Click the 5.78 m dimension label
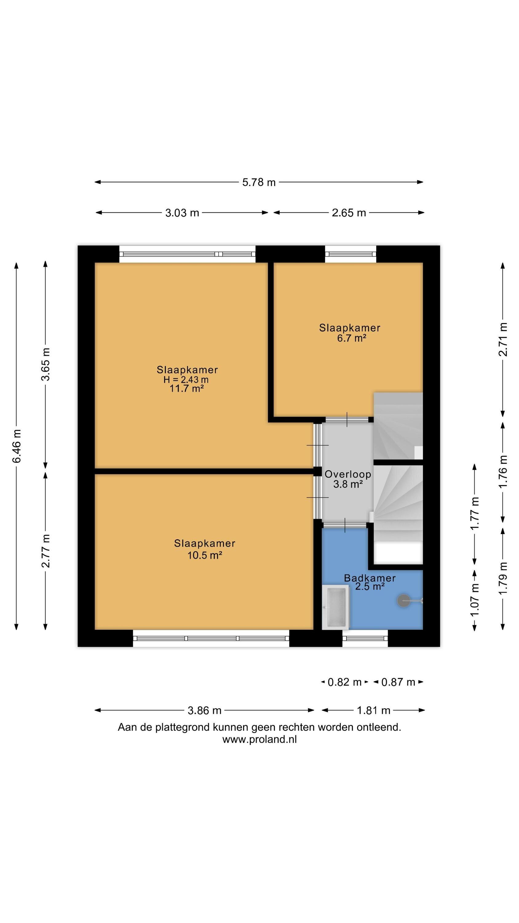[259, 182]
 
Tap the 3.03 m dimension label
[182, 213]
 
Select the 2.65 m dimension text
[349, 213]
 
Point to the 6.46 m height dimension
[17, 446]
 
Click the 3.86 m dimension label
[204, 710]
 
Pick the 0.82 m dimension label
[345, 682]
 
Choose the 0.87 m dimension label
[398, 682]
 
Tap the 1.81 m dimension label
[374, 710]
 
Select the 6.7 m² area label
[351, 338]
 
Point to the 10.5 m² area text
[205, 555]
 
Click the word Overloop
[348, 474]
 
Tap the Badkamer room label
[370, 578]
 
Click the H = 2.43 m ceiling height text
[186, 379]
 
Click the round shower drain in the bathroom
[404, 601]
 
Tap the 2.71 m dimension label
[503, 339]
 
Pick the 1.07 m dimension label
[475, 600]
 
